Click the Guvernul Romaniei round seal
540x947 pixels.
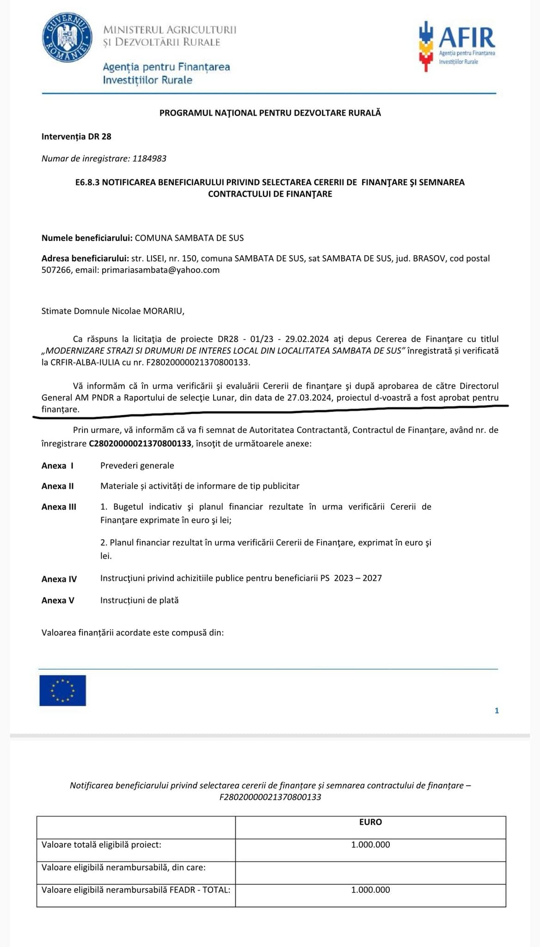[x=66, y=38]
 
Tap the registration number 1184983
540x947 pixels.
[x=149, y=159]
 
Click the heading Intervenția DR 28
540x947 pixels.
[x=76, y=136]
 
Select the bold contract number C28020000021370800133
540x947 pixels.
[x=140, y=443]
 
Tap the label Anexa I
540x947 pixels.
[x=57, y=466]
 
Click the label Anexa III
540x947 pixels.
[x=59, y=507]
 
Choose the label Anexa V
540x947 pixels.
[x=58, y=600]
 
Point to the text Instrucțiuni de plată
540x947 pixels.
[x=139, y=600]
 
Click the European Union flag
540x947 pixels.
[x=63, y=690]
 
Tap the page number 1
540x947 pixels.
[x=497, y=711]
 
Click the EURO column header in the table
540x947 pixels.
[x=370, y=822]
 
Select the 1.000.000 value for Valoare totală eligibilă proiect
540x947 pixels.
[x=370, y=844]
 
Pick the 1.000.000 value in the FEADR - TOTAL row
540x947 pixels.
[x=370, y=890]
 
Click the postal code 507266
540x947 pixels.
[x=57, y=270]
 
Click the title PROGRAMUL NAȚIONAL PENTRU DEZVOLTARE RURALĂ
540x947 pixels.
[x=270, y=113]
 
